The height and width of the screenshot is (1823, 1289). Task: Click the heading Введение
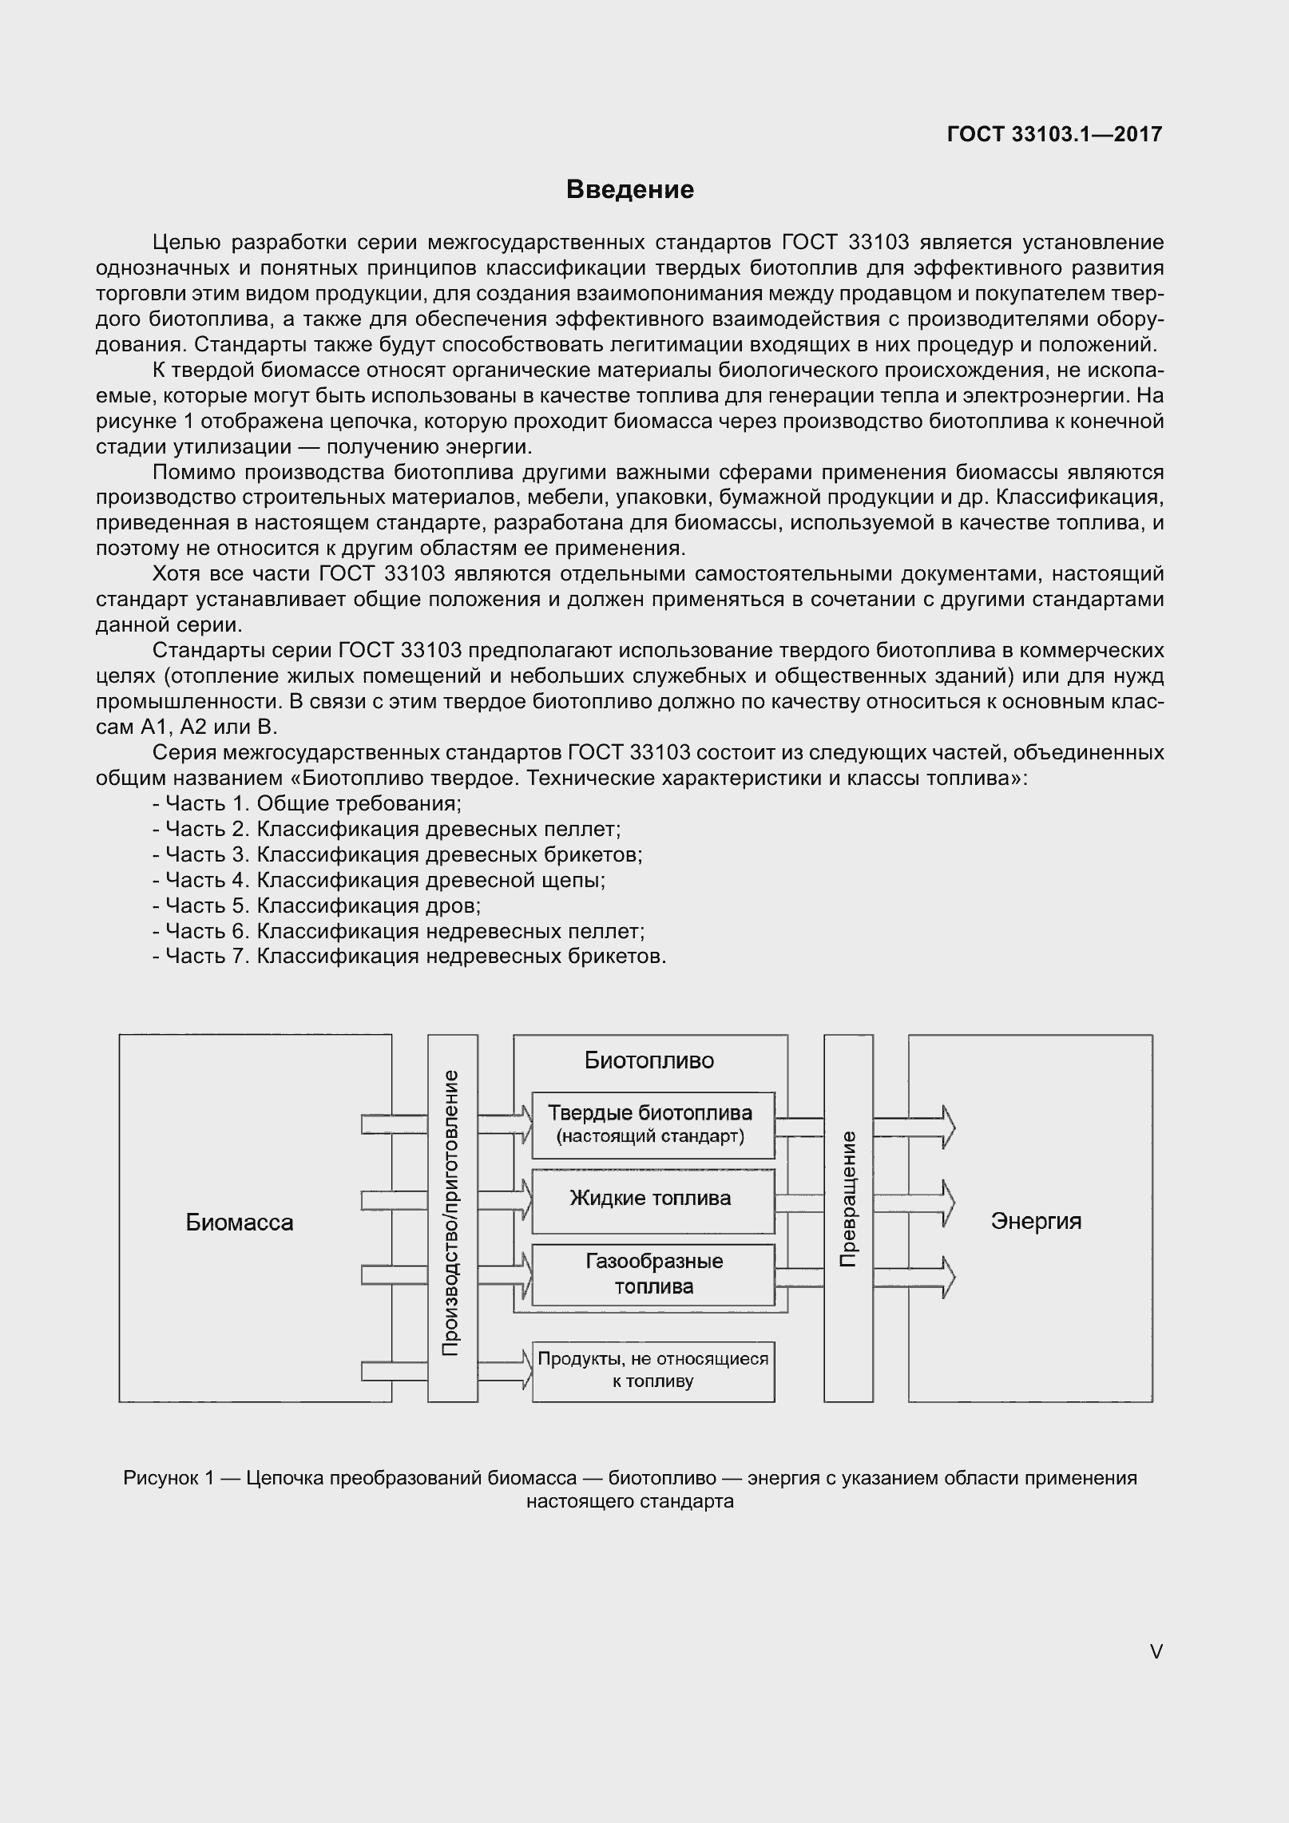[630, 190]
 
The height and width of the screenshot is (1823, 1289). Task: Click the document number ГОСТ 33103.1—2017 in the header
[1054, 134]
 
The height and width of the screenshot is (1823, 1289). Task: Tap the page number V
[1156, 1651]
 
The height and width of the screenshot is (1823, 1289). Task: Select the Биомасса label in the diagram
[240, 1223]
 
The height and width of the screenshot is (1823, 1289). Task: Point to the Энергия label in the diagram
[1036, 1221]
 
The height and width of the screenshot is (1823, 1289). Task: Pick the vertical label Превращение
[848, 1199]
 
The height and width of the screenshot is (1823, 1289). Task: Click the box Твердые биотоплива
[652, 1124]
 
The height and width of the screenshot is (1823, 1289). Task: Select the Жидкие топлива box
[652, 1199]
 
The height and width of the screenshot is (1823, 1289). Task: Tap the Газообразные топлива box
[652, 1274]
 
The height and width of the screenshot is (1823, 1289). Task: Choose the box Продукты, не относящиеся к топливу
[652, 1370]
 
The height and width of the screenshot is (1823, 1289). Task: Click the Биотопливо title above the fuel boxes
[649, 1060]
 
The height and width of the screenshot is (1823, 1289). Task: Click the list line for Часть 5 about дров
[316, 906]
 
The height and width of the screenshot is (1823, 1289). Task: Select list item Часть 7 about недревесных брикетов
[409, 957]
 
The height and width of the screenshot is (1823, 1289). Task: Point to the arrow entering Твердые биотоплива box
[506, 1124]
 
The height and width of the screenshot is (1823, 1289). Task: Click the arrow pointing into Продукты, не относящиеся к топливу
[506, 1370]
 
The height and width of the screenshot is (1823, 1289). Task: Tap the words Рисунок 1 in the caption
[169, 1478]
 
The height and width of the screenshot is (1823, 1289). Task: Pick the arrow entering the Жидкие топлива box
[506, 1199]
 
